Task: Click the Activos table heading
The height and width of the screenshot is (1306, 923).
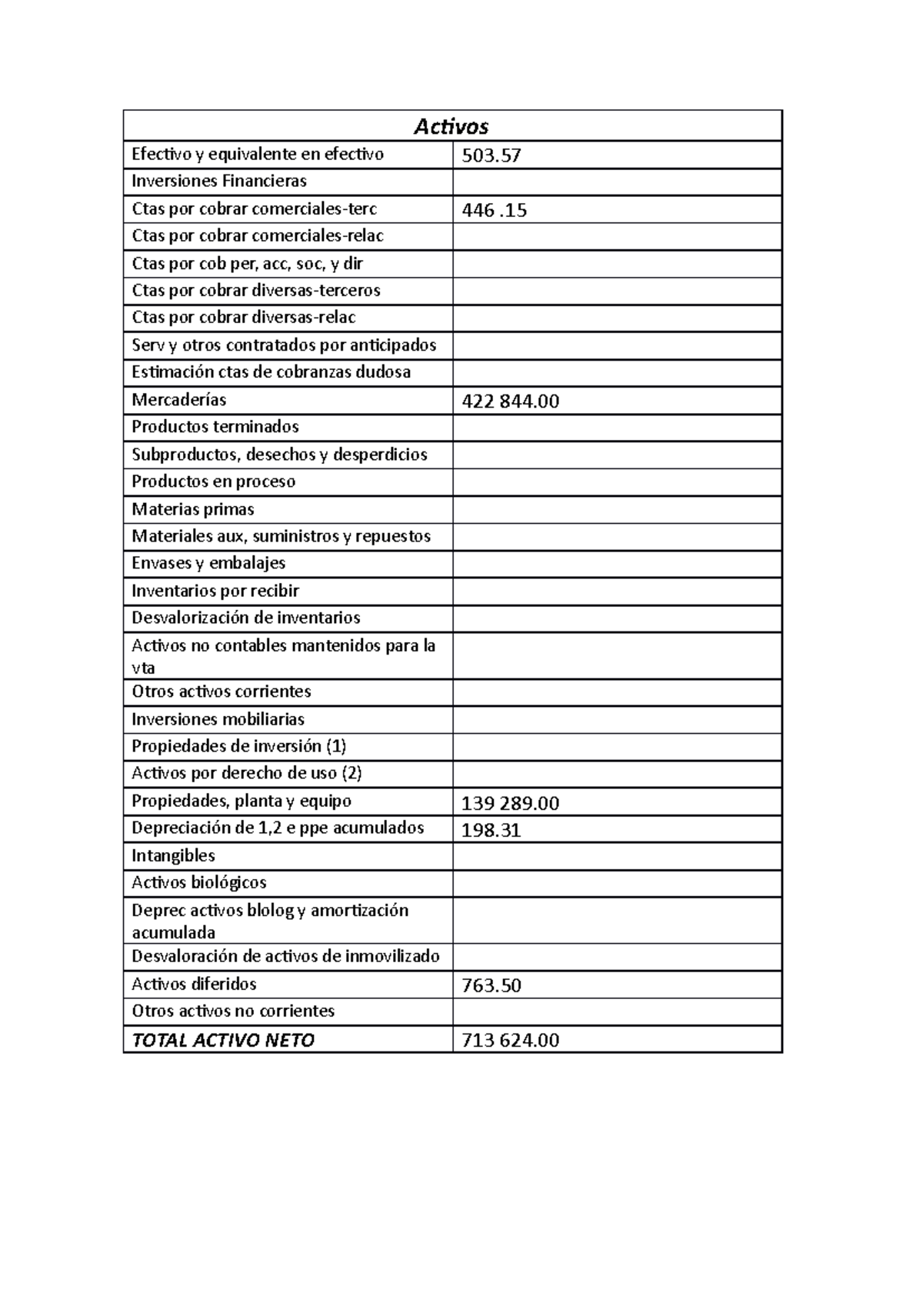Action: [452, 126]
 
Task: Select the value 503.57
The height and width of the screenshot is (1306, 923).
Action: [491, 156]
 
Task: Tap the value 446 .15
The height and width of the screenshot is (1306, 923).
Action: [494, 210]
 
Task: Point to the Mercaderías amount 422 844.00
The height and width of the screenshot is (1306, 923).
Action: [510, 401]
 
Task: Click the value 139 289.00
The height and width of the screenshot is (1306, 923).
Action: [510, 804]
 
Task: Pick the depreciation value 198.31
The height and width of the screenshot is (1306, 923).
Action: [491, 831]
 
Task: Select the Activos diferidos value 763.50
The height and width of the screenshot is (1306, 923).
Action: [491, 986]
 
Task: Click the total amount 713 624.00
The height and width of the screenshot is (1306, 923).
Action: [510, 1041]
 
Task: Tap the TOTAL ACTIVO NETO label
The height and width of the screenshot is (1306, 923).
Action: [223, 1041]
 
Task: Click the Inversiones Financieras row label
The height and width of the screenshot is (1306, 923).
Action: [219, 182]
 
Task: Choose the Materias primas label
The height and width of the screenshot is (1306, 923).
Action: [192, 509]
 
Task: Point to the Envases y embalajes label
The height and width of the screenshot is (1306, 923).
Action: [208, 563]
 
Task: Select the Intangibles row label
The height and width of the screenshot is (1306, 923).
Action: [173, 856]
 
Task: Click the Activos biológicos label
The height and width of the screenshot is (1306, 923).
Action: [198, 883]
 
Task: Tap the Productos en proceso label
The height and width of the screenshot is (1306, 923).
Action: [213, 481]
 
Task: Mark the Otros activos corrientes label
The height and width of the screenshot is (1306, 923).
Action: [222, 691]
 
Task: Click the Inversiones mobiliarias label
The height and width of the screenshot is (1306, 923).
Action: [218, 719]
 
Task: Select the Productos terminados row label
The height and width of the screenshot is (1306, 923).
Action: [215, 427]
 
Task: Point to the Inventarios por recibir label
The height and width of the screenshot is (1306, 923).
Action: [215, 591]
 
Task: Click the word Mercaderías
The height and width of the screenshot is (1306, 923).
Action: [179, 400]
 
